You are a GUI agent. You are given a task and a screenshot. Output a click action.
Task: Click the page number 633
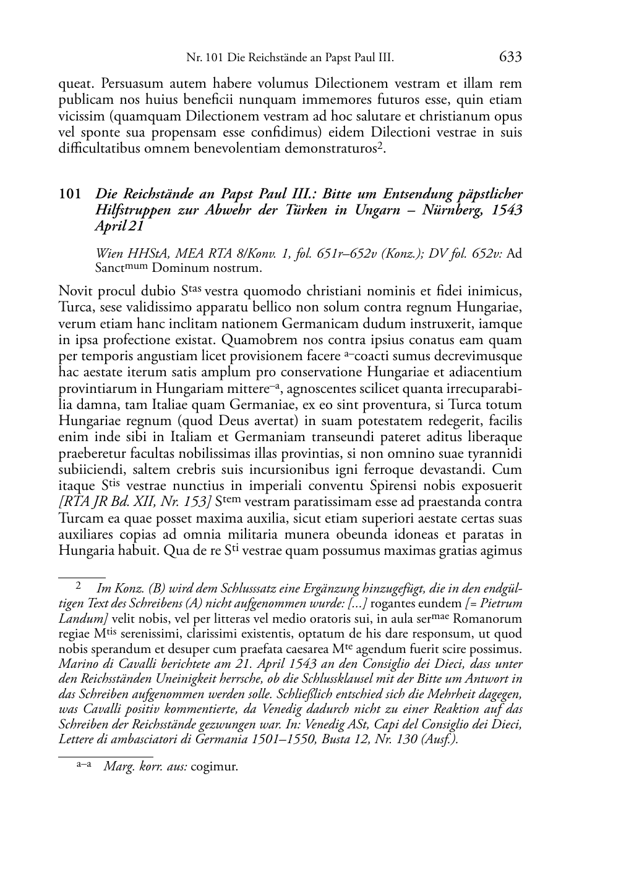[510, 57]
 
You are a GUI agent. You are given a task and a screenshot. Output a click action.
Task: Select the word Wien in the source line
[109, 253]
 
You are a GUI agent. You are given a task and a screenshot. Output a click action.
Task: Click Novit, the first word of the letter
[74, 291]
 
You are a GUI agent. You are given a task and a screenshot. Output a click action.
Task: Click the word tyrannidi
[496, 453]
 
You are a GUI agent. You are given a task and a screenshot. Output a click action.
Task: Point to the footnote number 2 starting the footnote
[79, 584]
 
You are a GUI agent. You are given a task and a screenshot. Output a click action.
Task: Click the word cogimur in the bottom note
[215, 767]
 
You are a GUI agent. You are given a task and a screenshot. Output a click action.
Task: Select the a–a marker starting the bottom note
[84, 765]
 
